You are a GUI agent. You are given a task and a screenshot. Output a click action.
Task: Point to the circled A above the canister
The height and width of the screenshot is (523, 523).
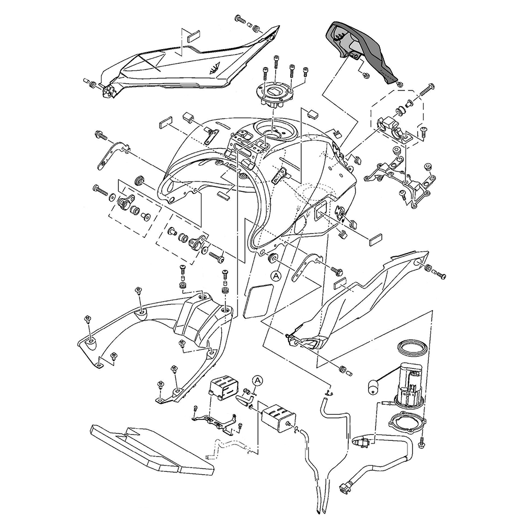(x=256, y=380)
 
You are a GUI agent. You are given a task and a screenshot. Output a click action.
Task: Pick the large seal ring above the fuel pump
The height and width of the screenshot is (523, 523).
(x=412, y=347)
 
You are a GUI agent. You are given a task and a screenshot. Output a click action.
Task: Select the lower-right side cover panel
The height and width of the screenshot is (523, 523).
(x=356, y=303)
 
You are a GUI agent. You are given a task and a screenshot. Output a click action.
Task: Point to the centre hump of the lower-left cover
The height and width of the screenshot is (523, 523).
(x=199, y=319)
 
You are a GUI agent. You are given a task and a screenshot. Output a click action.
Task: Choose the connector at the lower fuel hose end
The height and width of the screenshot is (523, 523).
(x=345, y=487)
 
